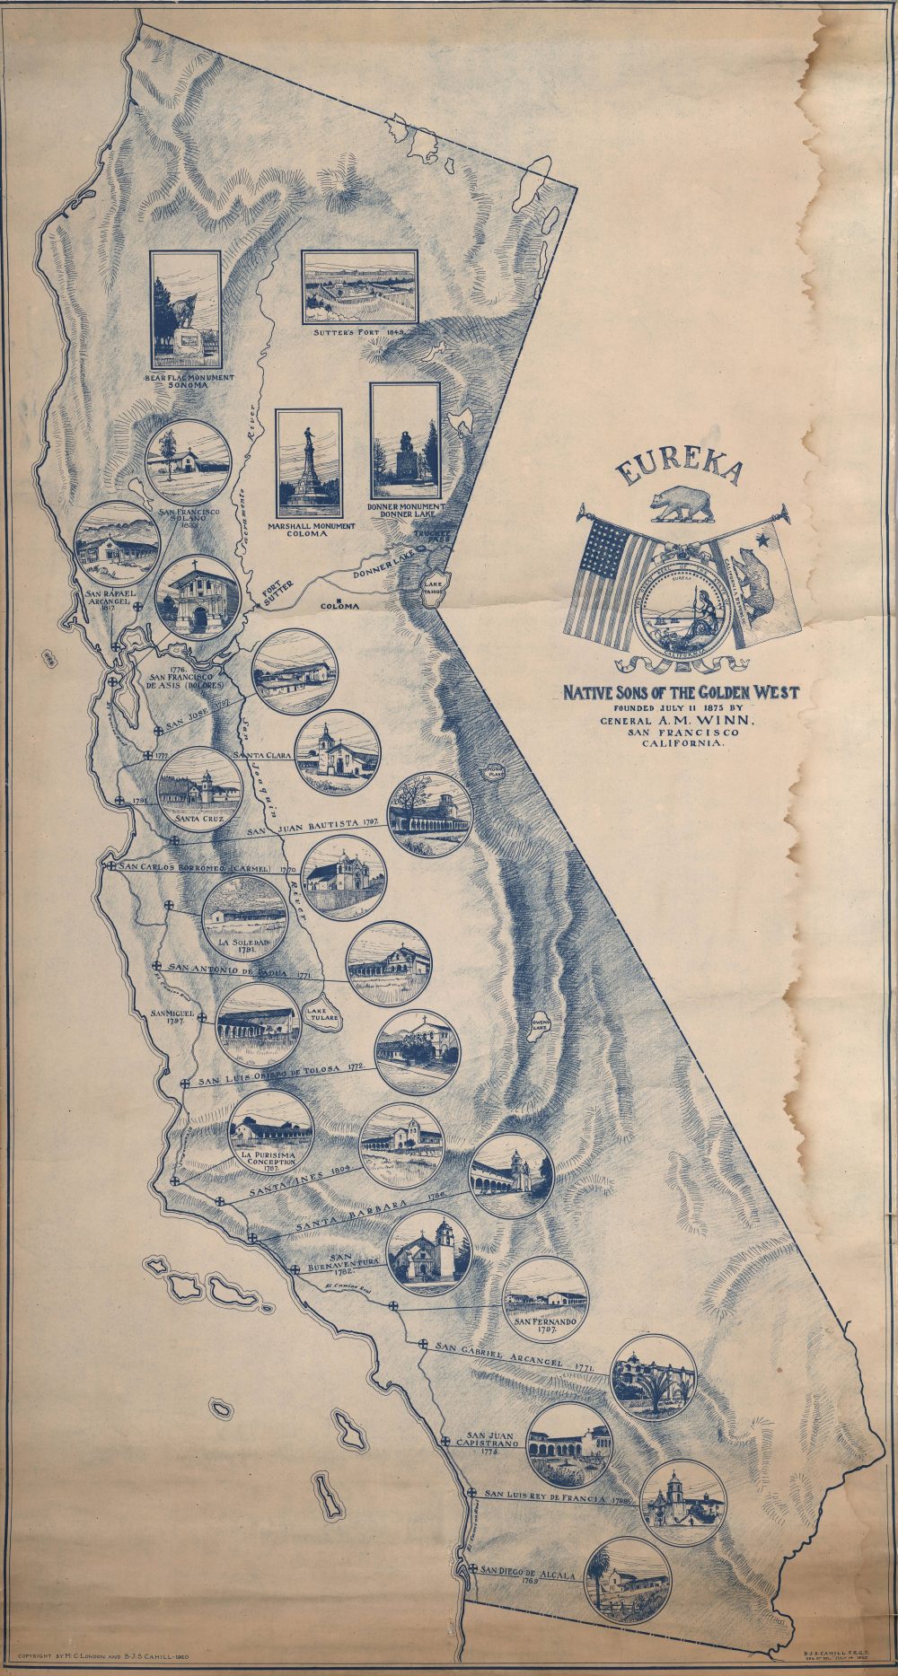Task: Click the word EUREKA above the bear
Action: click(x=679, y=470)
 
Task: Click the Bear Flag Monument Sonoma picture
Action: click(x=186, y=305)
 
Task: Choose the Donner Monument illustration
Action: click(x=405, y=441)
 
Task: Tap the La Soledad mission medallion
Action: click(x=244, y=918)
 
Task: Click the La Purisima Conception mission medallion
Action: click(x=271, y=1131)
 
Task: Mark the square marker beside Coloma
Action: click(x=338, y=601)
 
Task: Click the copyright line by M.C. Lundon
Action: click(x=110, y=1651)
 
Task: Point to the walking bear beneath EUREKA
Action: click(x=683, y=505)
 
